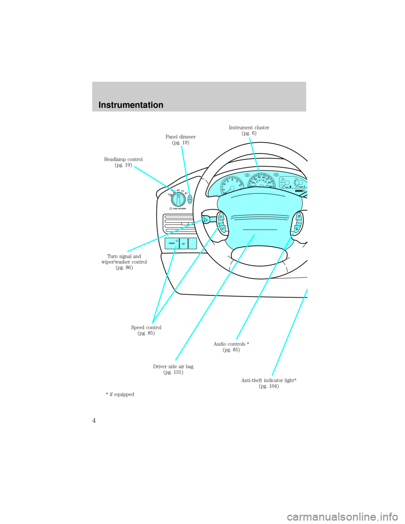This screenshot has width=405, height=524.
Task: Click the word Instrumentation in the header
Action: pyautogui.click(x=131, y=105)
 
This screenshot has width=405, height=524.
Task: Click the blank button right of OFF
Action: pyautogui.click(x=192, y=243)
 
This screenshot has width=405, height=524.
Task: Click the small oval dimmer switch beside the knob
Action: pyautogui.click(x=191, y=199)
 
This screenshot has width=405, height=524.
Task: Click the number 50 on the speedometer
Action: pyautogui.click(x=259, y=178)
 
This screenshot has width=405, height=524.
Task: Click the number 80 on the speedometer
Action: pyautogui.click(x=270, y=182)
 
